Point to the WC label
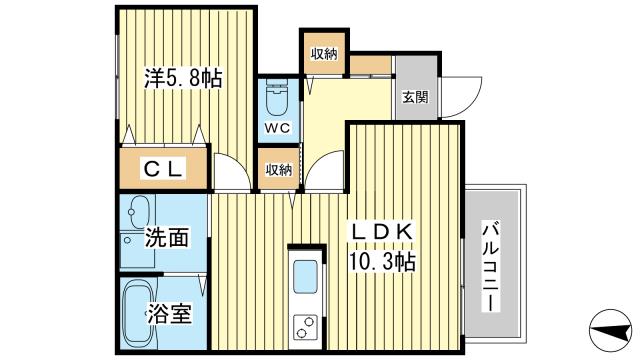pyautogui.click(x=277, y=128)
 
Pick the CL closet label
pyautogui.click(x=164, y=170)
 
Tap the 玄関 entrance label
pyautogui.click(x=415, y=98)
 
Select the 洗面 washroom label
pyautogui.click(x=167, y=238)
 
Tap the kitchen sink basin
pyautogui.click(x=304, y=275)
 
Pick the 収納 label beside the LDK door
pyautogui.click(x=278, y=170)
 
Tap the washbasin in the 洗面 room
pyautogui.click(x=137, y=213)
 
